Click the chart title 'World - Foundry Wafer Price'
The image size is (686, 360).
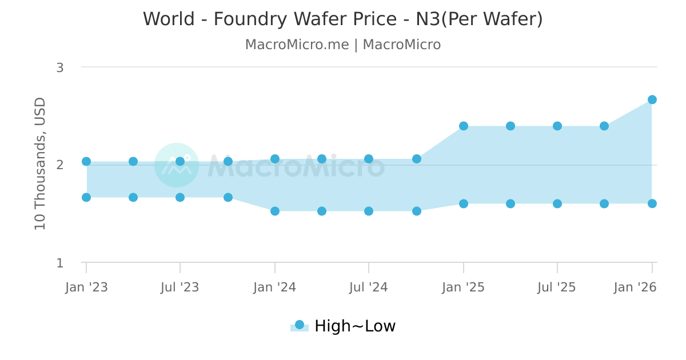tap(342, 19)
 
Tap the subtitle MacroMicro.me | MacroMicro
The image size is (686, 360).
tap(342, 45)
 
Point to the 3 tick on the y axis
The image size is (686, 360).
tap(59, 67)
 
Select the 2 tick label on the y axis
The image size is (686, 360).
tap(59, 165)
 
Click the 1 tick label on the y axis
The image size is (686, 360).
tap(59, 263)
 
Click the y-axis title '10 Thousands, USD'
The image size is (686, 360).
tap(40, 163)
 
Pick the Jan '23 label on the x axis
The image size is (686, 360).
tap(86, 287)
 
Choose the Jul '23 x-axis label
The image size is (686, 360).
tap(180, 287)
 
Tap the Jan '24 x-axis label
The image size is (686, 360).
tap(275, 287)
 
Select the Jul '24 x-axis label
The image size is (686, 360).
tap(369, 287)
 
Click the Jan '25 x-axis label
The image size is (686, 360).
tap(464, 287)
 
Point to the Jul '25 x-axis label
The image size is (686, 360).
tap(557, 287)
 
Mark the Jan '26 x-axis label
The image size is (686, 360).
tap(635, 287)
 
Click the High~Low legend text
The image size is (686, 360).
tap(355, 326)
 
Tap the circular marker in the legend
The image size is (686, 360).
tap(300, 325)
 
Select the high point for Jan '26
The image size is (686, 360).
tap(652, 99)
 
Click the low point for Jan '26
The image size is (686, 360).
tap(652, 203)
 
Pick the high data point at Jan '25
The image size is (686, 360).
tap(464, 126)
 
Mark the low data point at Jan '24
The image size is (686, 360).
tap(275, 211)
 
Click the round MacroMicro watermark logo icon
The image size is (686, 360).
tap(177, 165)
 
